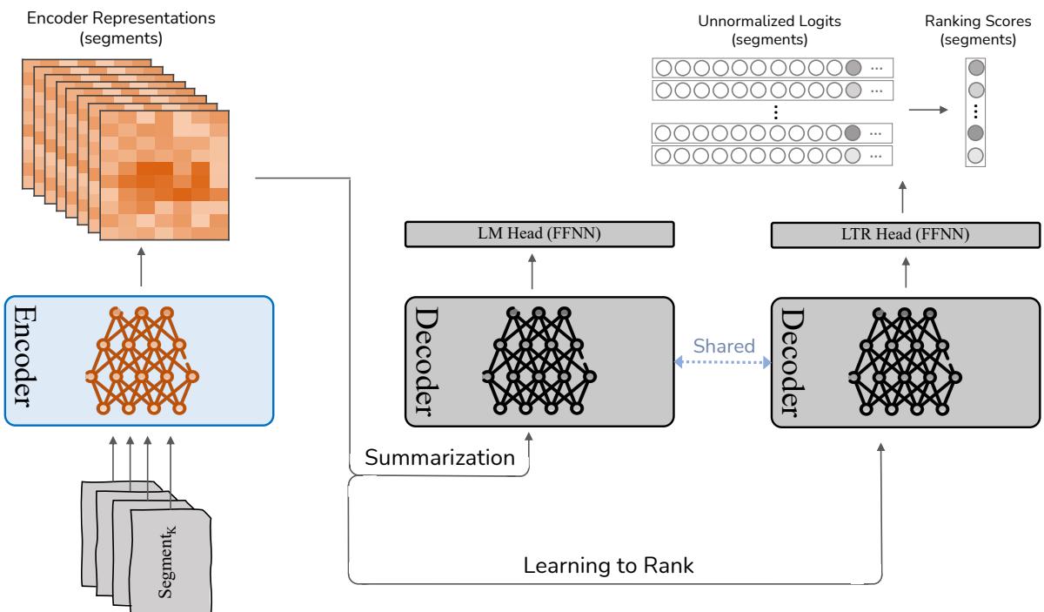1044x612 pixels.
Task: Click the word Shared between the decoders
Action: (x=723, y=345)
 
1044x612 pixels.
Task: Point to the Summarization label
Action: (x=438, y=457)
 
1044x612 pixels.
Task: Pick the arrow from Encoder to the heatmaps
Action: (x=141, y=266)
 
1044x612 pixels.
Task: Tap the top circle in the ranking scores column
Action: (x=976, y=67)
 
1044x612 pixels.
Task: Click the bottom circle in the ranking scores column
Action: (x=976, y=155)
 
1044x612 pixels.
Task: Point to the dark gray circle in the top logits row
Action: (x=852, y=67)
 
